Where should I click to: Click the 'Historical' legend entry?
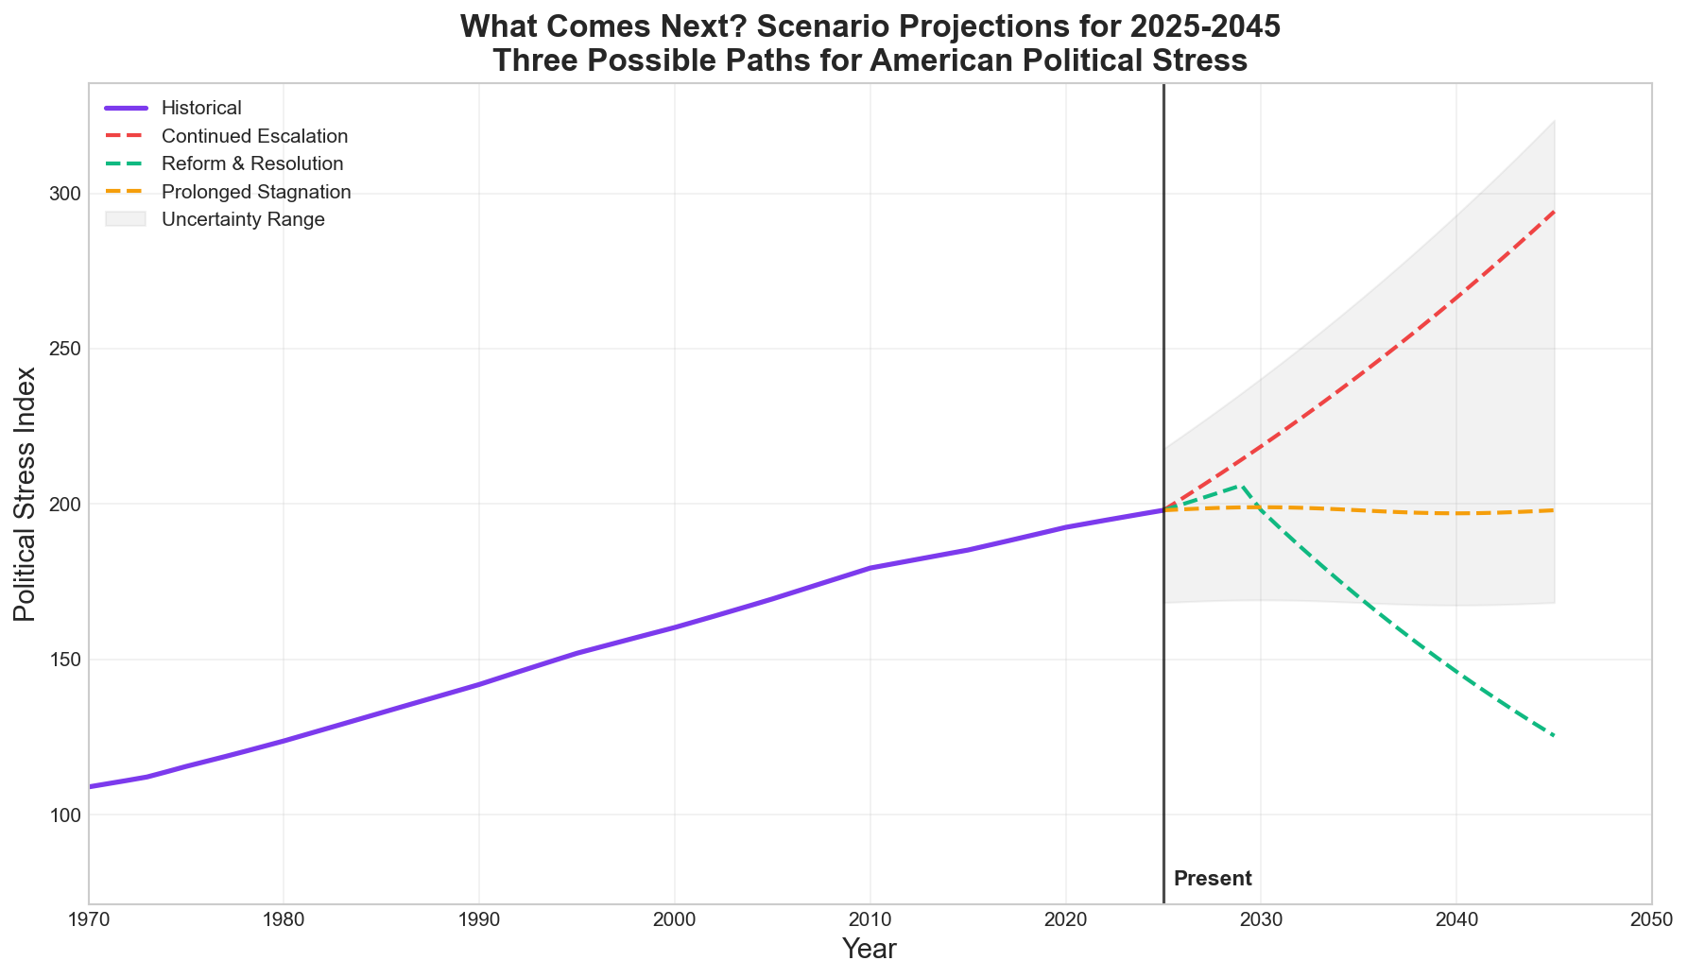[x=201, y=109]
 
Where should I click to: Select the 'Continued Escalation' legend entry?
[x=254, y=136]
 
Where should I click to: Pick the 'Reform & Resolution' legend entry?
[x=252, y=164]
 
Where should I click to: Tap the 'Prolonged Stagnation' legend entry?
[x=256, y=192]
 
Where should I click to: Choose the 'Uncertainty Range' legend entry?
[x=243, y=220]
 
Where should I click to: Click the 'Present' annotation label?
[x=1213, y=879]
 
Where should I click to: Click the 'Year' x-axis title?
[x=869, y=950]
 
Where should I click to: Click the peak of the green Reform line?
[x=1241, y=486]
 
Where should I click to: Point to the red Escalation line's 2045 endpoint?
[x=1554, y=212]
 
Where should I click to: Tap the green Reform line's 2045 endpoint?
[x=1554, y=735]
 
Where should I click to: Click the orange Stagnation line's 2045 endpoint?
[x=1554, y=510]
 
